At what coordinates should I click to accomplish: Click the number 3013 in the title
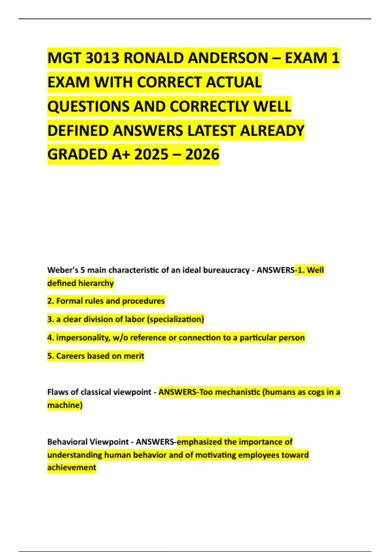click(102, 58)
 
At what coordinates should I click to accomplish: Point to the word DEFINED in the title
click(78, 131)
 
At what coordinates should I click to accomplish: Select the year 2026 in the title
click(202, 155)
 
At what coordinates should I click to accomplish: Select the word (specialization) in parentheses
click(175, 320)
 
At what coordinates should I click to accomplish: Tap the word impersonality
click(83, 338)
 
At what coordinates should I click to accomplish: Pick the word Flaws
click(58, 392)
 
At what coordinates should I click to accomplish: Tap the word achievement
click(72, 468)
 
